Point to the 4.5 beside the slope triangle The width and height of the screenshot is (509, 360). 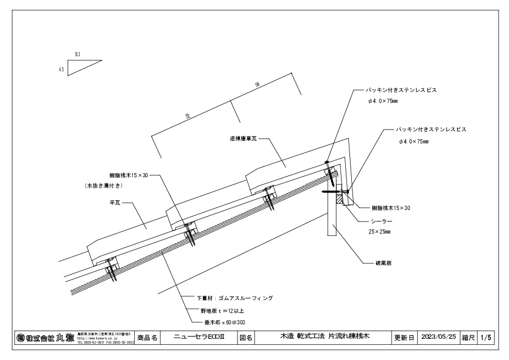(x=62, y=70)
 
